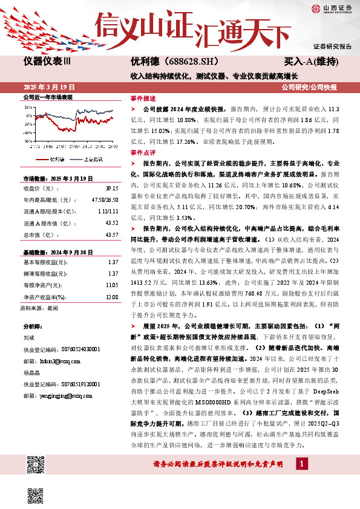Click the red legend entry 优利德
point(54,160)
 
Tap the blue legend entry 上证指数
point(92,160)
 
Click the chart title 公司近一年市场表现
point(47,97)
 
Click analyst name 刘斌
point(29,340)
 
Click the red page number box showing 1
point(301,464)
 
